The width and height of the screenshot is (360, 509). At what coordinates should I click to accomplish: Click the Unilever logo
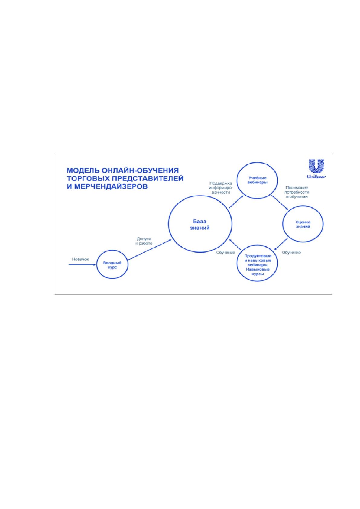(316, 169)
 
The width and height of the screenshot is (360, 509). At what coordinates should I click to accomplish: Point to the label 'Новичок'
(80, 259)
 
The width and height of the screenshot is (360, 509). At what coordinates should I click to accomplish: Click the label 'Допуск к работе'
(144, 241)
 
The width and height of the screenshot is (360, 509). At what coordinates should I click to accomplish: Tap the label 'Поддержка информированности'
(221, 188)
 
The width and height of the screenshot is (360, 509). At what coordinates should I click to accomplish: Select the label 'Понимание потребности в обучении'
(297, 192)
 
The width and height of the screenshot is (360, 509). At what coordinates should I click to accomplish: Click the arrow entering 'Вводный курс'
(82, 264)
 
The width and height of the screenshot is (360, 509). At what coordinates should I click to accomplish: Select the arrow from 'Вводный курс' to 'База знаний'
(150, 249)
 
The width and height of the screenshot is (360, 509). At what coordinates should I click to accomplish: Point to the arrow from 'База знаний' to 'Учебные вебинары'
(236, 202)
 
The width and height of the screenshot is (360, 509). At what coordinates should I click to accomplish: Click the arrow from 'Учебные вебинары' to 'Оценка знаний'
(280, 202)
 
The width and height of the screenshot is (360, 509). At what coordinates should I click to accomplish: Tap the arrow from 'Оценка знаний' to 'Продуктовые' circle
(281, 244)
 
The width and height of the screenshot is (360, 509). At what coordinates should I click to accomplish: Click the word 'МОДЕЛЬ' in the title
(83, 170)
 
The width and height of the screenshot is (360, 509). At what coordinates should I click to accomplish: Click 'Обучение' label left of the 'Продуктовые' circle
(226, 253)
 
